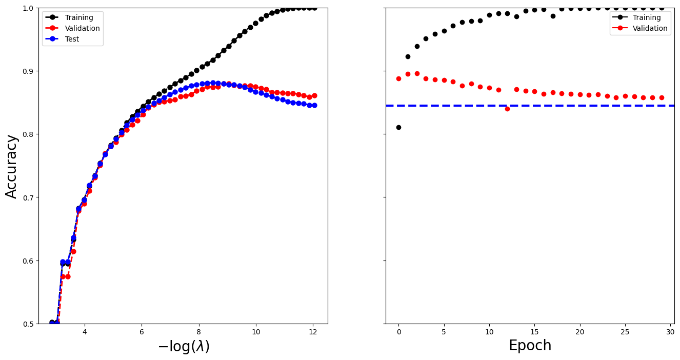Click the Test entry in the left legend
click(x=72, y=39)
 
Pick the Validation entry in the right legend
click(x=650, y=29)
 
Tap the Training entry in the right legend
click(x=646, y=17)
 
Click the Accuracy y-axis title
click(x=12, y=166)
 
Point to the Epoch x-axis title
click(x=530, y=346)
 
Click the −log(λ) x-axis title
click(x=183, y=347)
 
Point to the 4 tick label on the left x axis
click(x=84, y=332)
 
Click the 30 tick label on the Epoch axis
click(x=670, y=332)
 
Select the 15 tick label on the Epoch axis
click(x=534, y=332)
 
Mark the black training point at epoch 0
click(x=398, y=127)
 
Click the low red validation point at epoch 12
click(x=507, y=109)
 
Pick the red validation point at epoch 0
click(x=398, y=78)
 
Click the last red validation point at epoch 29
click(x=662, y=97)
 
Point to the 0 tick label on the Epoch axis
click(x=398, y=332)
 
